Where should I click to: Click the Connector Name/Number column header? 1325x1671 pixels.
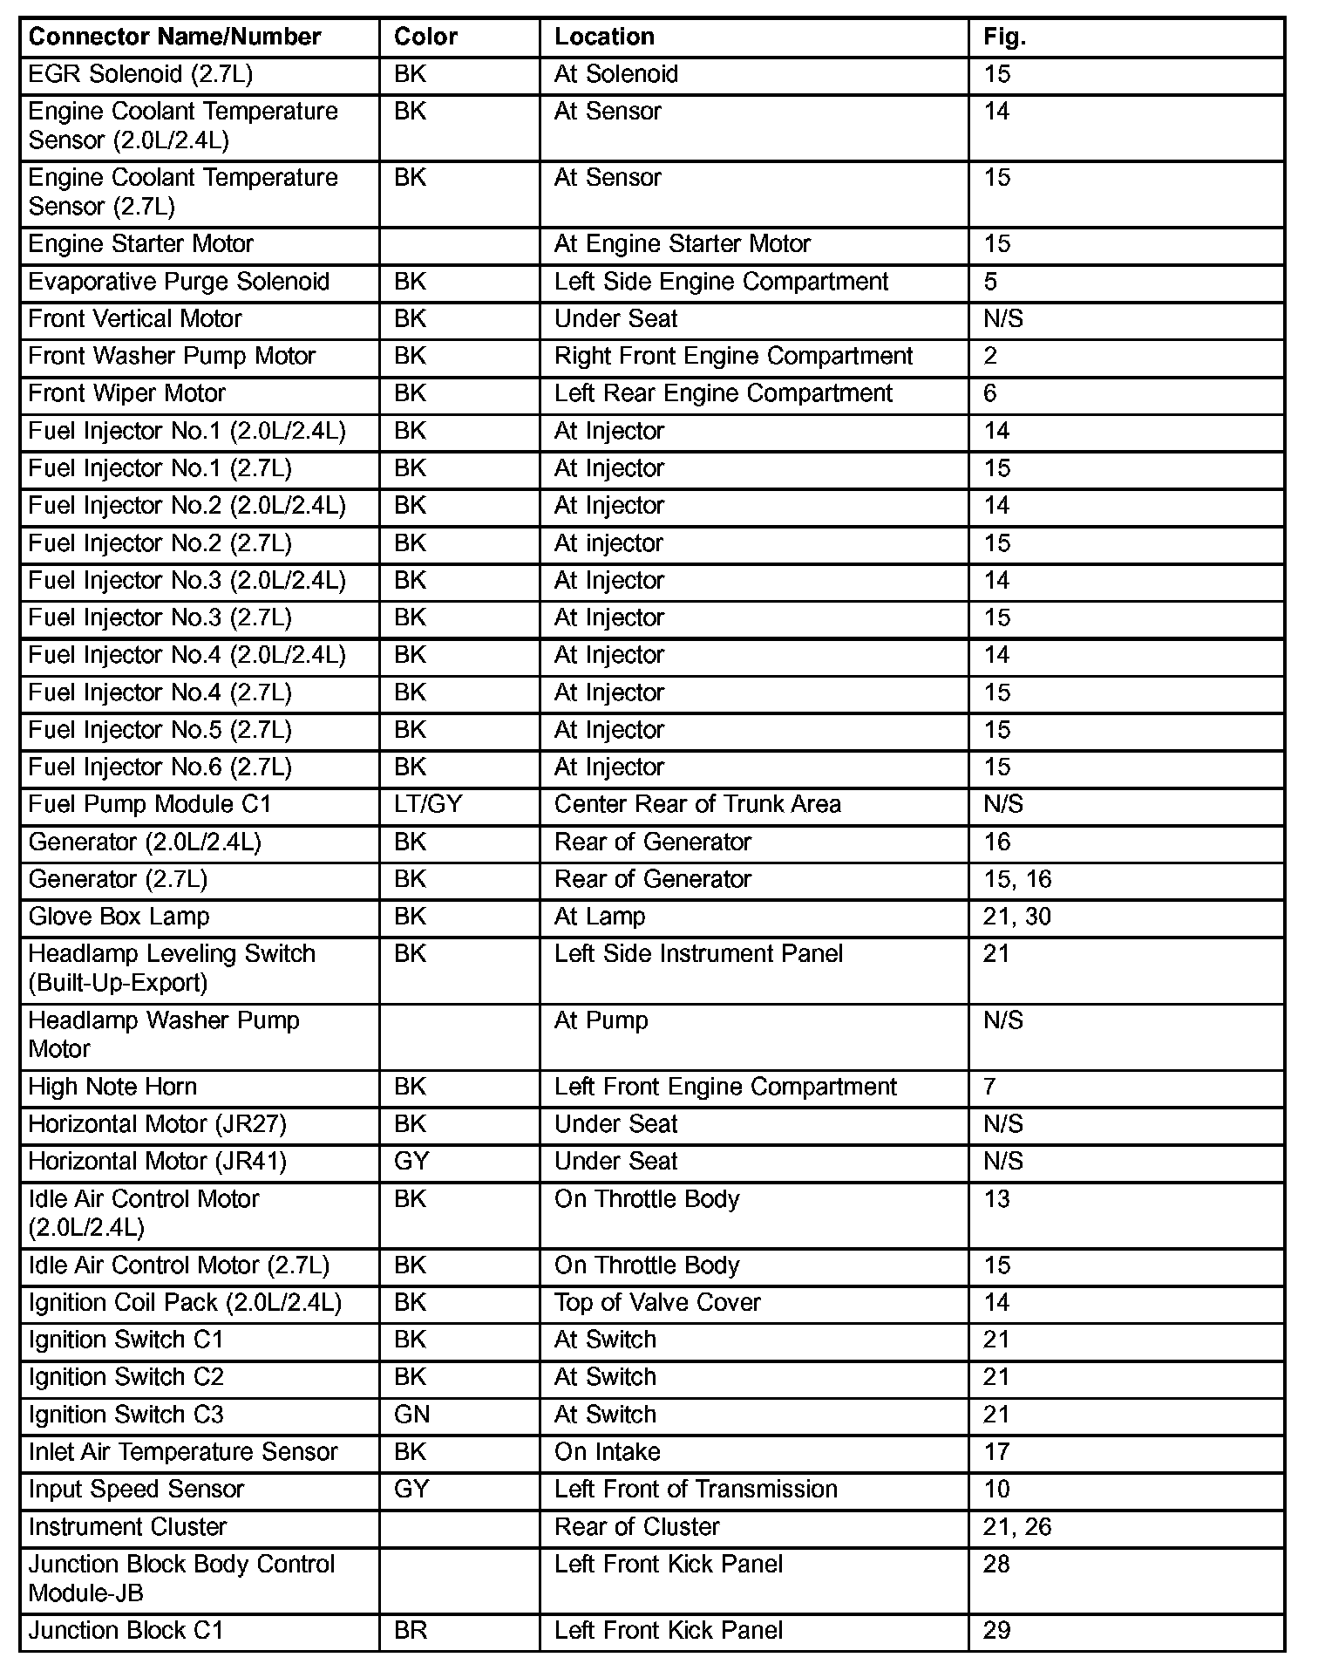click(x=174, y=37)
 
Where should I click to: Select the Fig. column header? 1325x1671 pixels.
click(x=1004, y=37)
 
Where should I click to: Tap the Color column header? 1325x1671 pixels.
click(x=425, y=37)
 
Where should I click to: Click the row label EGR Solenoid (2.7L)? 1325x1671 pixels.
click(x=140, y=74)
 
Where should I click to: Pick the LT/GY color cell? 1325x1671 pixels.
click(x=428, y=804)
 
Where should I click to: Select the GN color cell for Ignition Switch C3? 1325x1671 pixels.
click(x=411, y=1415)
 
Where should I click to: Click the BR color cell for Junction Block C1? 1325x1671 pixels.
click(x=411, y=1631)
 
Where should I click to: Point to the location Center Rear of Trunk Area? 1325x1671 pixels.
click(x=697, y=804)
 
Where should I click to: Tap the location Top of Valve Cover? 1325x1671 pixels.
click(x=657, y=1303)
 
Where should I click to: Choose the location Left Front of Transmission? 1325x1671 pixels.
click(x=696, y=1490)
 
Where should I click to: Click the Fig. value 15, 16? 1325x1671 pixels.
click(x=1017, y=879)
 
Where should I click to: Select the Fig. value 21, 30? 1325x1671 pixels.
click(x=1017, y=917)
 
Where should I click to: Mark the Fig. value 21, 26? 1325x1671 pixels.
click(x=1017, y=1527)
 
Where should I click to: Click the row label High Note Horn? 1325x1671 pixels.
click(x=112, y=1087)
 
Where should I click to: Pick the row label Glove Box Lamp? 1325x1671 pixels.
click(x=119, y=917)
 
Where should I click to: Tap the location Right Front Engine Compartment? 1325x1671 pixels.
click(x=733, y=356)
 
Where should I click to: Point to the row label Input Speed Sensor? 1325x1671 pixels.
click(x=136, y=1490)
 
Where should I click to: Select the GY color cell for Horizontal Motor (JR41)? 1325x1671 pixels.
click(x=411, y=1162)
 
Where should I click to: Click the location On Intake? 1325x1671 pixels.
click(x=607, y=1452)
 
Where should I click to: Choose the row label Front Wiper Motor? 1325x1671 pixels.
click(x=126, y=393)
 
